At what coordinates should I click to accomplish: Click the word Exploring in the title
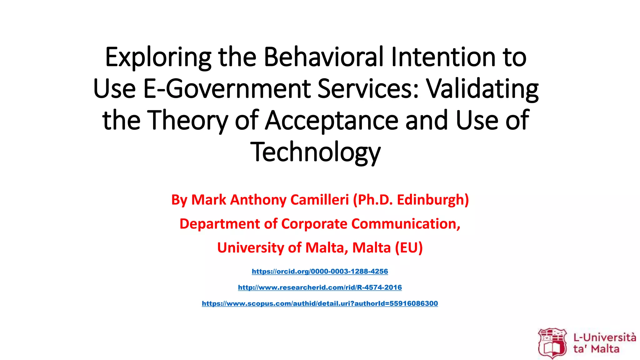158,57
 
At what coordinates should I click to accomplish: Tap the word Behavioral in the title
324,57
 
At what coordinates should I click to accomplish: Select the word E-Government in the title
227,89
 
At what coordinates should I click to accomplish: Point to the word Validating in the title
482,89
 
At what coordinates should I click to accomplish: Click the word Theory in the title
187,121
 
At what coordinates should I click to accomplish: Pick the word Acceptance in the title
332,121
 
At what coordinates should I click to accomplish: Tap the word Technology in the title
316,152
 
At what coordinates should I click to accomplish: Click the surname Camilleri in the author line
319,200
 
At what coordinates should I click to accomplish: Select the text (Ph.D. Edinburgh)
411,200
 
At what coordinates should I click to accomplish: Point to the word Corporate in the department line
314,224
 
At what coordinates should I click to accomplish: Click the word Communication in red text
406,224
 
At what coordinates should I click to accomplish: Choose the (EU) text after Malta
409,248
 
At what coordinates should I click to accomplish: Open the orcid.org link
320,271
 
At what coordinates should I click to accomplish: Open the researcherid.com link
320,287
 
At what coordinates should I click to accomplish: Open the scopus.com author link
320,303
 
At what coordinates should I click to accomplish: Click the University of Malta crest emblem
552,343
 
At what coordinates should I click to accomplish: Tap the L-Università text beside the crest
604,338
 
